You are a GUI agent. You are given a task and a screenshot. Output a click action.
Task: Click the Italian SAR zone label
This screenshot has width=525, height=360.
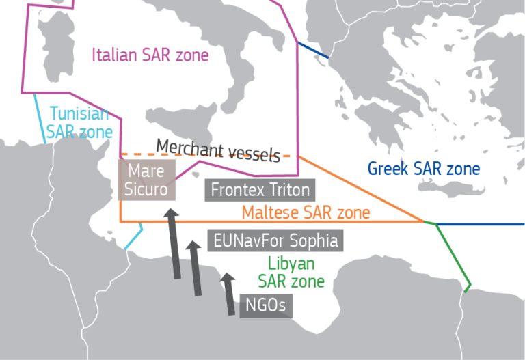pyautogui.click(x=150, y=55)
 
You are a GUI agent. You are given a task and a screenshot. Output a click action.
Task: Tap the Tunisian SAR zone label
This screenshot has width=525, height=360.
pyautogui.click(x=79, y=122)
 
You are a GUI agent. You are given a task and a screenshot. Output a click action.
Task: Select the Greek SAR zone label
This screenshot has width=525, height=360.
pyautogui.click(x=424, y=169)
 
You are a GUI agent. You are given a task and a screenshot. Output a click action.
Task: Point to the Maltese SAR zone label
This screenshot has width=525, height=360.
pyautogui.click(x=306, y=212)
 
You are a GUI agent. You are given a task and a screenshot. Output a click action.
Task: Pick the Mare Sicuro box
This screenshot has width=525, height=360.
pyautogui.click(x=147, y=180)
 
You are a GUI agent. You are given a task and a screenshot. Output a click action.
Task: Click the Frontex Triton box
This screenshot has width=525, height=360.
pyautogui.click(x=260, y=190)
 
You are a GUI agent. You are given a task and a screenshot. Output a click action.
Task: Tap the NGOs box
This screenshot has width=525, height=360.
pyautogui.click(x=265, y=305)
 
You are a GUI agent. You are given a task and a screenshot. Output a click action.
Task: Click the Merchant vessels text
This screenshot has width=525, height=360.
pyautogui.click(x=217, y=148)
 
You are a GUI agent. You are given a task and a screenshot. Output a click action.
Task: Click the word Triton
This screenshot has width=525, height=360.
pyautogui.click(x=290, y=190)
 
